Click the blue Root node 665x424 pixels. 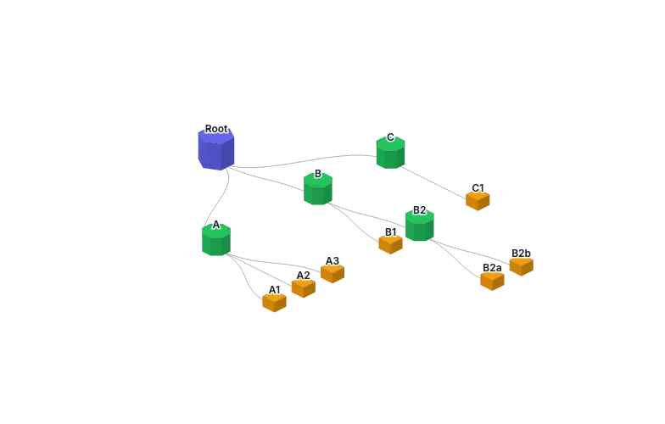pos(216,149)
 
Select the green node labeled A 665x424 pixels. pos(216,239)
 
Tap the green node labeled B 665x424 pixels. pos(318,189)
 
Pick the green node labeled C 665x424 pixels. pos(390,153)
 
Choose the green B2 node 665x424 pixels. pos(420,226)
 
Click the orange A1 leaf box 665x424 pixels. pos(275,302)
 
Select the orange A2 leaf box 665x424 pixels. pos(304,288)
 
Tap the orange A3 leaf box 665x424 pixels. pos(332,273)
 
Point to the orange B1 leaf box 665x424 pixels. pos(390,244)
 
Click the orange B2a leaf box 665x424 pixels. pos(492,281)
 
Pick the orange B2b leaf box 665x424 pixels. pos(521,266)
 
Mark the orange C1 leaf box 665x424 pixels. pos(478,201)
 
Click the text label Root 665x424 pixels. pos(216,129)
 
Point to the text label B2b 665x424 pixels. pos(521,253)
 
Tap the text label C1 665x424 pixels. pos(478,188)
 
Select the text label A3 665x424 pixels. pos(332,261)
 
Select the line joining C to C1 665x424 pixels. pos(433,183)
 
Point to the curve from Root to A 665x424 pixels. pos(221,198)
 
